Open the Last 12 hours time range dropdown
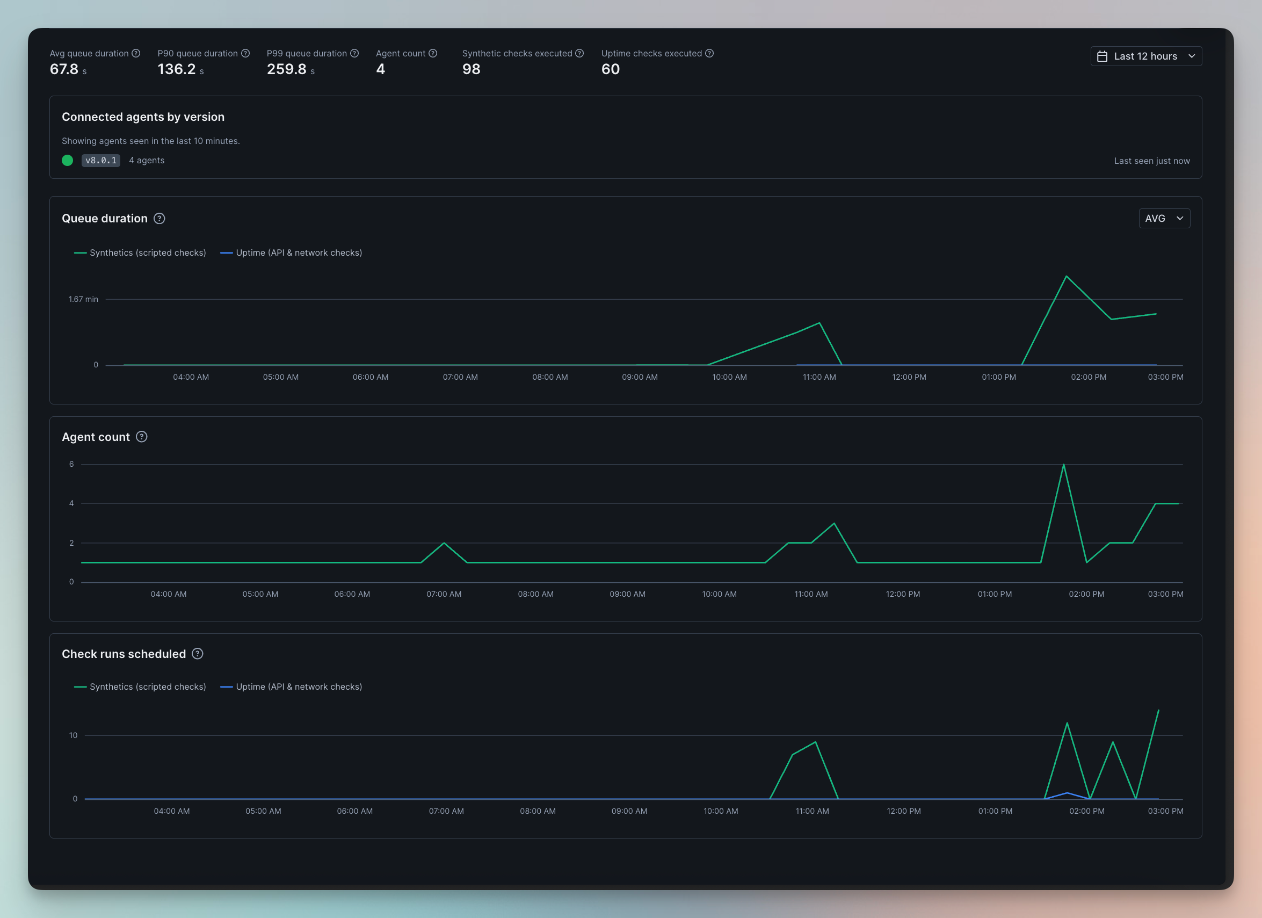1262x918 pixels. [1145, 56]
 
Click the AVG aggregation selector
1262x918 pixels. [1164, 218]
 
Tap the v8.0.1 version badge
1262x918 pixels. [101, 160]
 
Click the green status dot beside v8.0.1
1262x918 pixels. [67, 160]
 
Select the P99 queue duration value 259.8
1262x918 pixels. [287, 69]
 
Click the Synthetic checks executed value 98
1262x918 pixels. [472, 69]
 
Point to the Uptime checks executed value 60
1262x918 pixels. [611, 69]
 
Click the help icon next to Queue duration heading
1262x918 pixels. [159, 218]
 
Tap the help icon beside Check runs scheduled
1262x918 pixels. [198, 654]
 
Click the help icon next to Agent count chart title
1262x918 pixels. [142, 437]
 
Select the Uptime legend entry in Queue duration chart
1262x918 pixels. [291, 253]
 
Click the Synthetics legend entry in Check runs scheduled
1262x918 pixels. [140, 687]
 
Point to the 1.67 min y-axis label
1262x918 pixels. [83, 299]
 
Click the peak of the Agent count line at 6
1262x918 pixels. [1063, 464]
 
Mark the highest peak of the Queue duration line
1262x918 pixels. [1066, 276]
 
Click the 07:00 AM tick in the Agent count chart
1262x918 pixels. [444, 594]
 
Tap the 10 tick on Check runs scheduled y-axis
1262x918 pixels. [74, 735]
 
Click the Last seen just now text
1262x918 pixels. [1152, 161]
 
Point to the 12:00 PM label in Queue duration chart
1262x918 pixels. [909, 377]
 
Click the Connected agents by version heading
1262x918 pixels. [143, 117]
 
